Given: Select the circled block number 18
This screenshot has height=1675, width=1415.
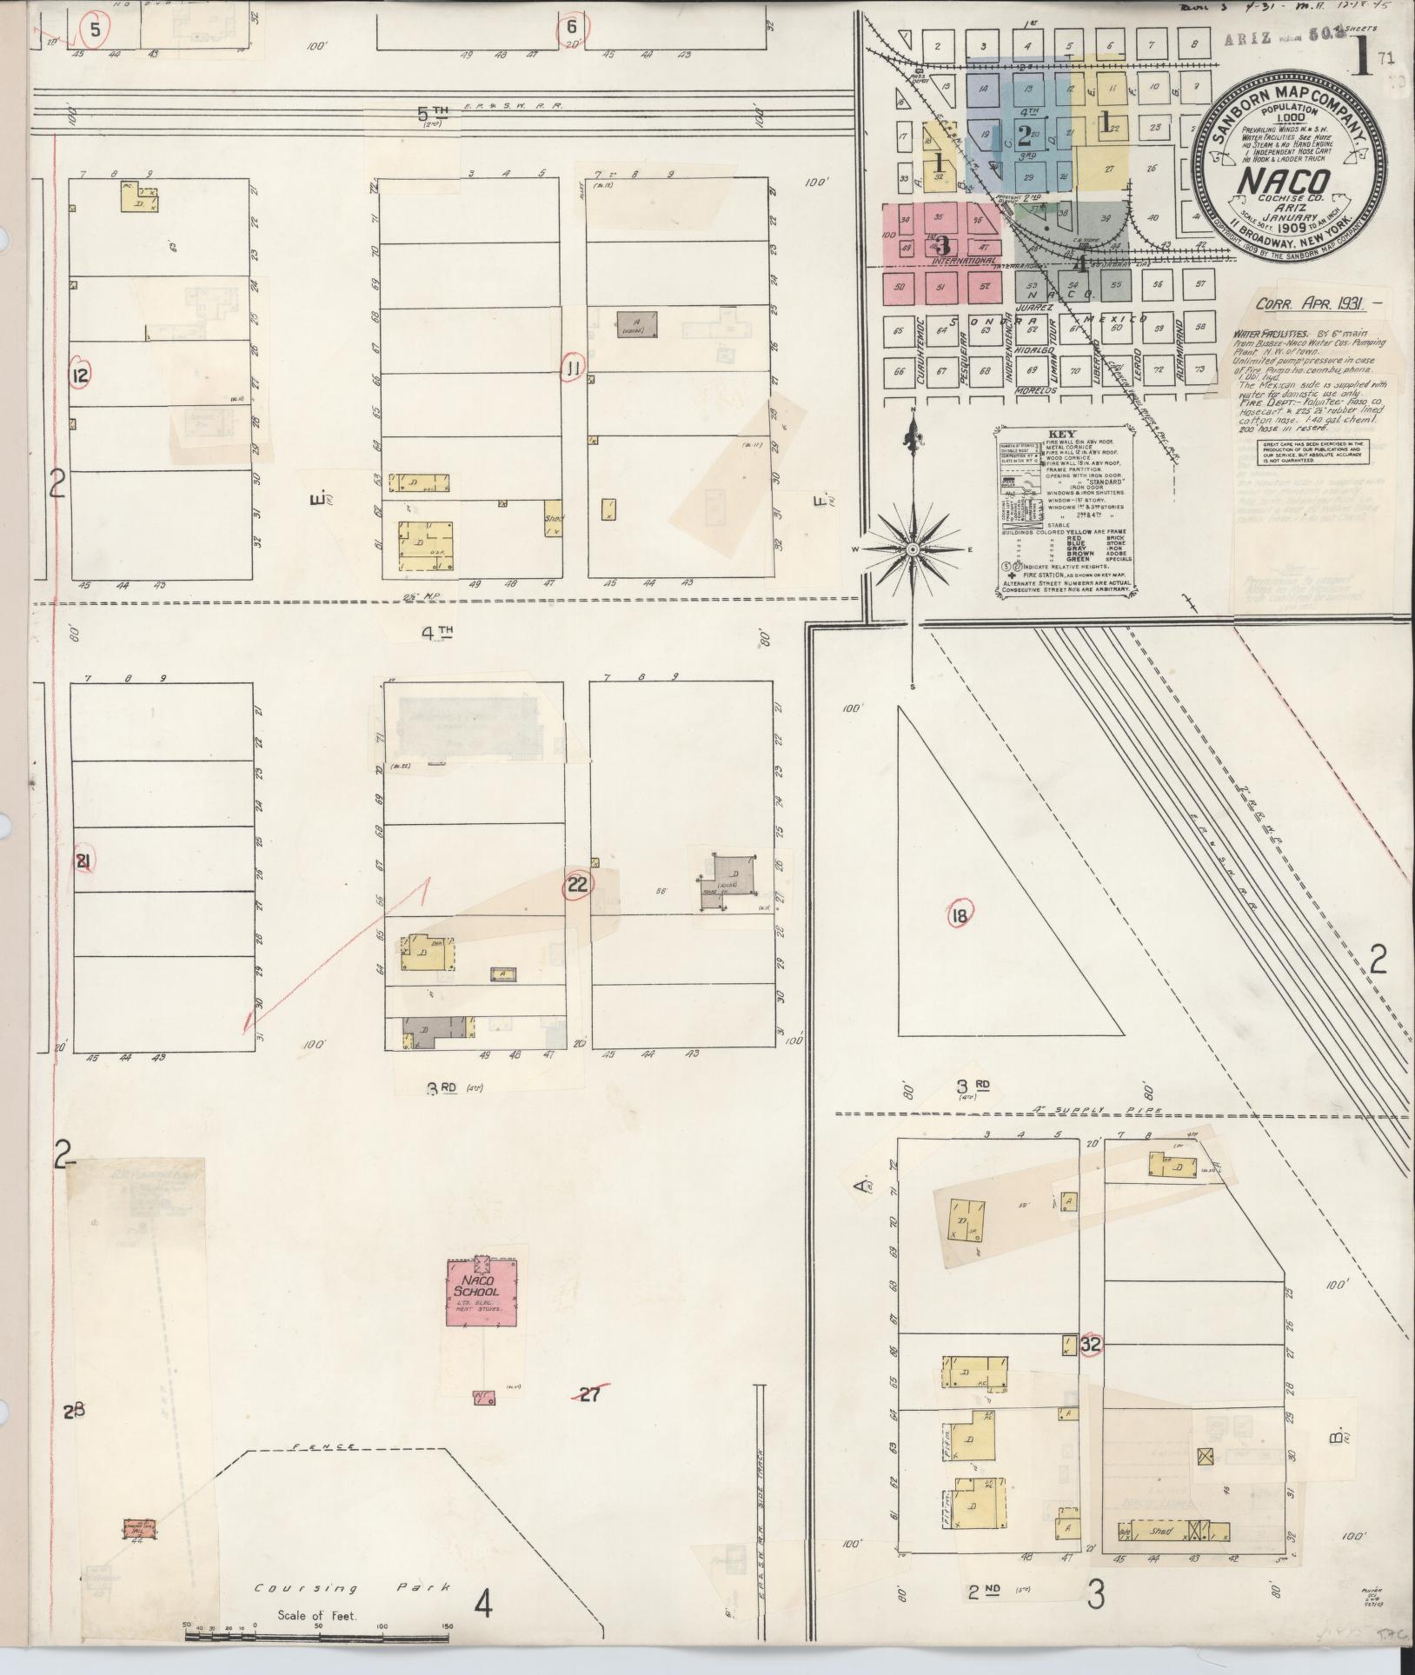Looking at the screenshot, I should [x=960, y=914].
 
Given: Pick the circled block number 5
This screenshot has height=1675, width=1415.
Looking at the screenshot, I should [x=571, y=26].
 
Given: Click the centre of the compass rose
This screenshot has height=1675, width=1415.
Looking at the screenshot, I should [x=913, y=550].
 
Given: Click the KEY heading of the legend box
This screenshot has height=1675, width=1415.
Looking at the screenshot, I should [x=1061, y=433].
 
